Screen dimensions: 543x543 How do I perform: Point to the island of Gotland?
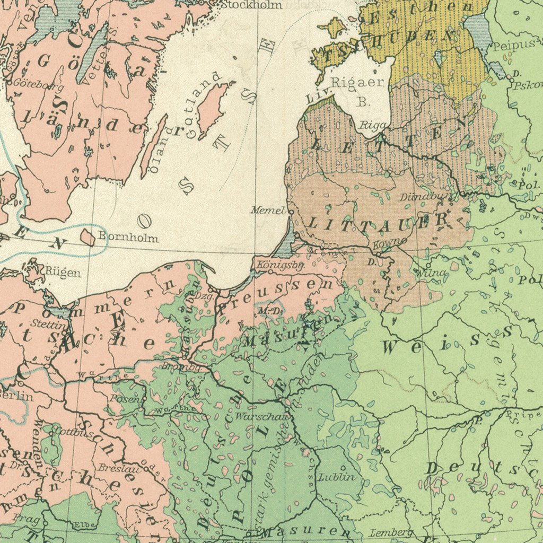coord(212,110)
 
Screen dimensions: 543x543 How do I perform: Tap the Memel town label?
coord(267,211)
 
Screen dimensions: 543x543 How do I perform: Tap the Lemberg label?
coord(391,532)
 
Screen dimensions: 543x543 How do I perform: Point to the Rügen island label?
coord(63,273)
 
